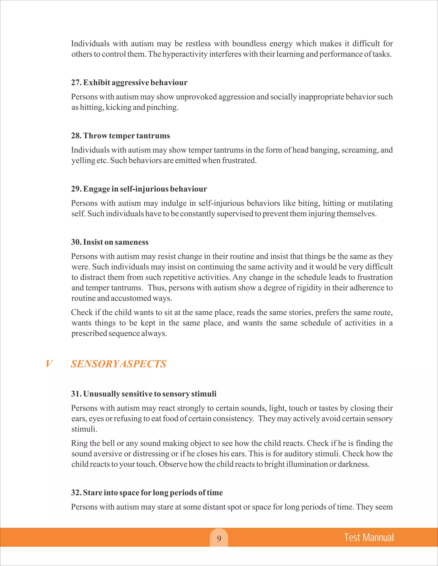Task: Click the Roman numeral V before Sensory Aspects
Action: (49, 364)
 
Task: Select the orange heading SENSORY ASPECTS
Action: (118, 364)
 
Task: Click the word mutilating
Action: (375, 203)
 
